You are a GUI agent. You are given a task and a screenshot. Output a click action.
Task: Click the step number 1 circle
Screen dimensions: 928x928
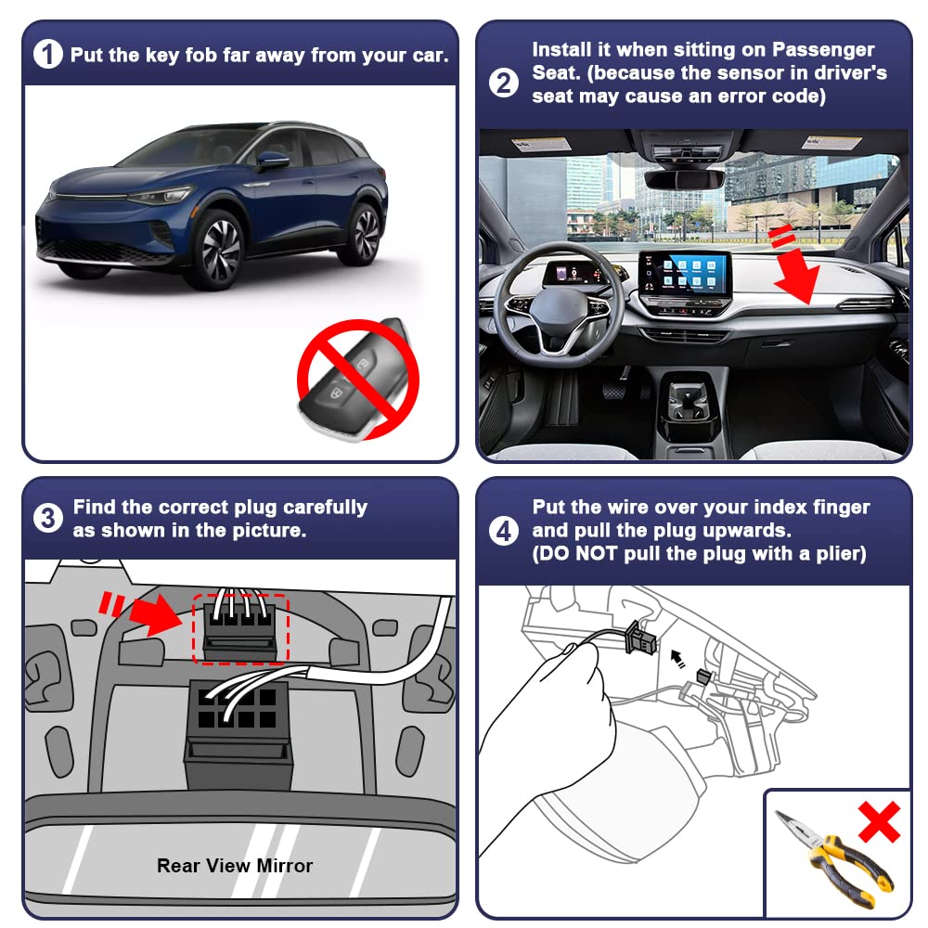[48, 55]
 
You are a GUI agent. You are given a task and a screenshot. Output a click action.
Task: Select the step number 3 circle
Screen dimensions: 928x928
[48, 518]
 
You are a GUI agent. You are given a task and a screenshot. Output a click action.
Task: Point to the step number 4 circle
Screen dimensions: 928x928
[503, 531]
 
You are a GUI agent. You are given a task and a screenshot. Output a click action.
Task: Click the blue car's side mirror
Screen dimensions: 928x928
[272, 161]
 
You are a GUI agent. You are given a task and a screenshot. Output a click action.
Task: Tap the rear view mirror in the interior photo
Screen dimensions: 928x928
[685, 178]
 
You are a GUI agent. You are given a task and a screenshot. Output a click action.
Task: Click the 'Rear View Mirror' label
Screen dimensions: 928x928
[235, 866]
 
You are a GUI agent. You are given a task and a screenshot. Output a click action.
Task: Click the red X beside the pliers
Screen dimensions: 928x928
[879, 821]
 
